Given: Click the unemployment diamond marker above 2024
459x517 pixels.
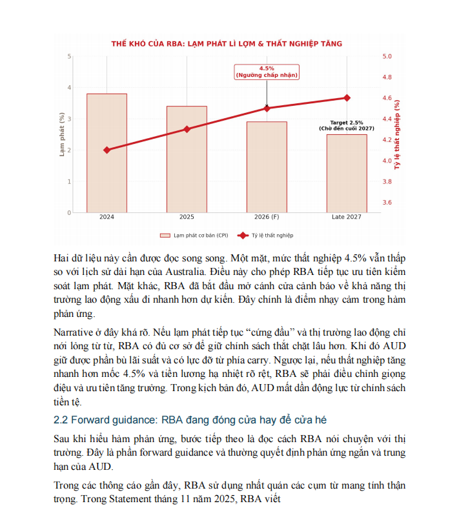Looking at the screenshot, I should coord(107,150).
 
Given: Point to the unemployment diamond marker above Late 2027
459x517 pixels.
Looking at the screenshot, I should coord(347,97).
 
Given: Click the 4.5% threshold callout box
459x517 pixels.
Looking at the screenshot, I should coord(267,72).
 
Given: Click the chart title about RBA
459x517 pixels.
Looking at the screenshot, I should coord(227,43).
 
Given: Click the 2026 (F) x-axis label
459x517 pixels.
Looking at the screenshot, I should coord(267,217).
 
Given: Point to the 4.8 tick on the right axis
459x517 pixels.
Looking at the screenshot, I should coord(387,77).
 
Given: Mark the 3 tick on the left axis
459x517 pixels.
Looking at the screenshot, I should coord(70,119).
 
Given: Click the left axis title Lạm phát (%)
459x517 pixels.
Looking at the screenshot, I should coord(62,134).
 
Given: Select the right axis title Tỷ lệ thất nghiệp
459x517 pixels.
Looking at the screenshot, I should coord(397,134).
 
